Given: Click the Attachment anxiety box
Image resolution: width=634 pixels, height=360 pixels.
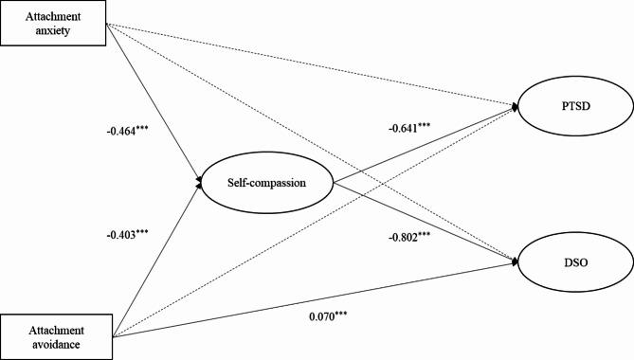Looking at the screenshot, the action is click(x=53, y=22).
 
